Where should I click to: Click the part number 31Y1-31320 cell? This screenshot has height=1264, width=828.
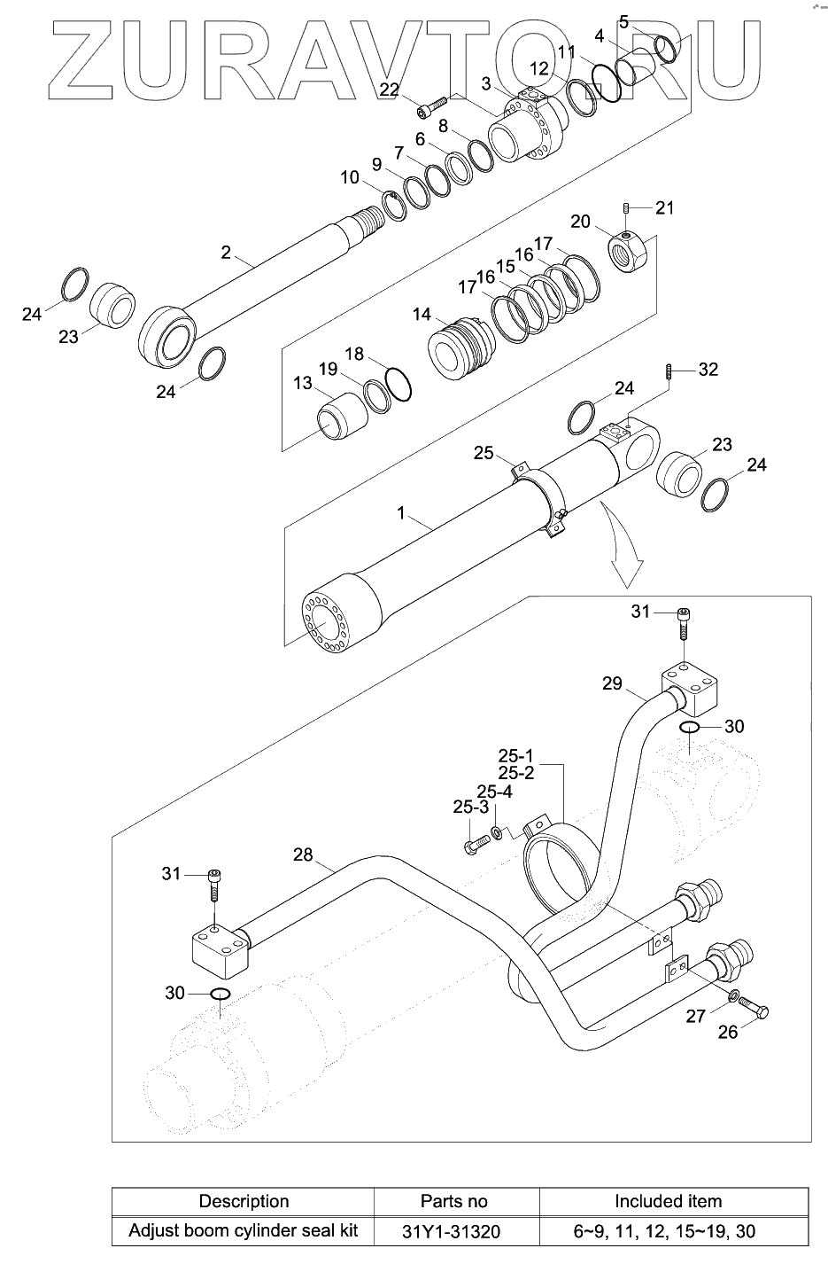click(451, 1231)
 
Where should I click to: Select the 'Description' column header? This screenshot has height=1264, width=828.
click(244, 1201)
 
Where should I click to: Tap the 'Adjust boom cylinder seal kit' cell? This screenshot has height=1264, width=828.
click(243, 1230)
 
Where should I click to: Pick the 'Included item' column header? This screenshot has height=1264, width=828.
click(668, 1201)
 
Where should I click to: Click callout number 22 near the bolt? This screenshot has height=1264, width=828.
click(389, 90)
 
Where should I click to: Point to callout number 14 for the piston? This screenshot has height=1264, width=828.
click(422, 315)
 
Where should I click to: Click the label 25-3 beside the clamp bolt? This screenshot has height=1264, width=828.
click(470, 808)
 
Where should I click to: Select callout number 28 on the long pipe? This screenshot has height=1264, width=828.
click(303, 854)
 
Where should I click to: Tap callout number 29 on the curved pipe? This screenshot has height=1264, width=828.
click(612, 683)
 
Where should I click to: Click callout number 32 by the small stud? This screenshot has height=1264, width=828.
click(708, 370)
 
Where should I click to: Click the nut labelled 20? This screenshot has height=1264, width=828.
click(627, 251)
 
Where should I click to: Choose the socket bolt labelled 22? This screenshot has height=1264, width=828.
click(432, 108)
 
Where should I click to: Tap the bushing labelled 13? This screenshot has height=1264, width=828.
click(342, 417)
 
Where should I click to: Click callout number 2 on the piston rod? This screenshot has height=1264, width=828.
click(226, 253)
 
